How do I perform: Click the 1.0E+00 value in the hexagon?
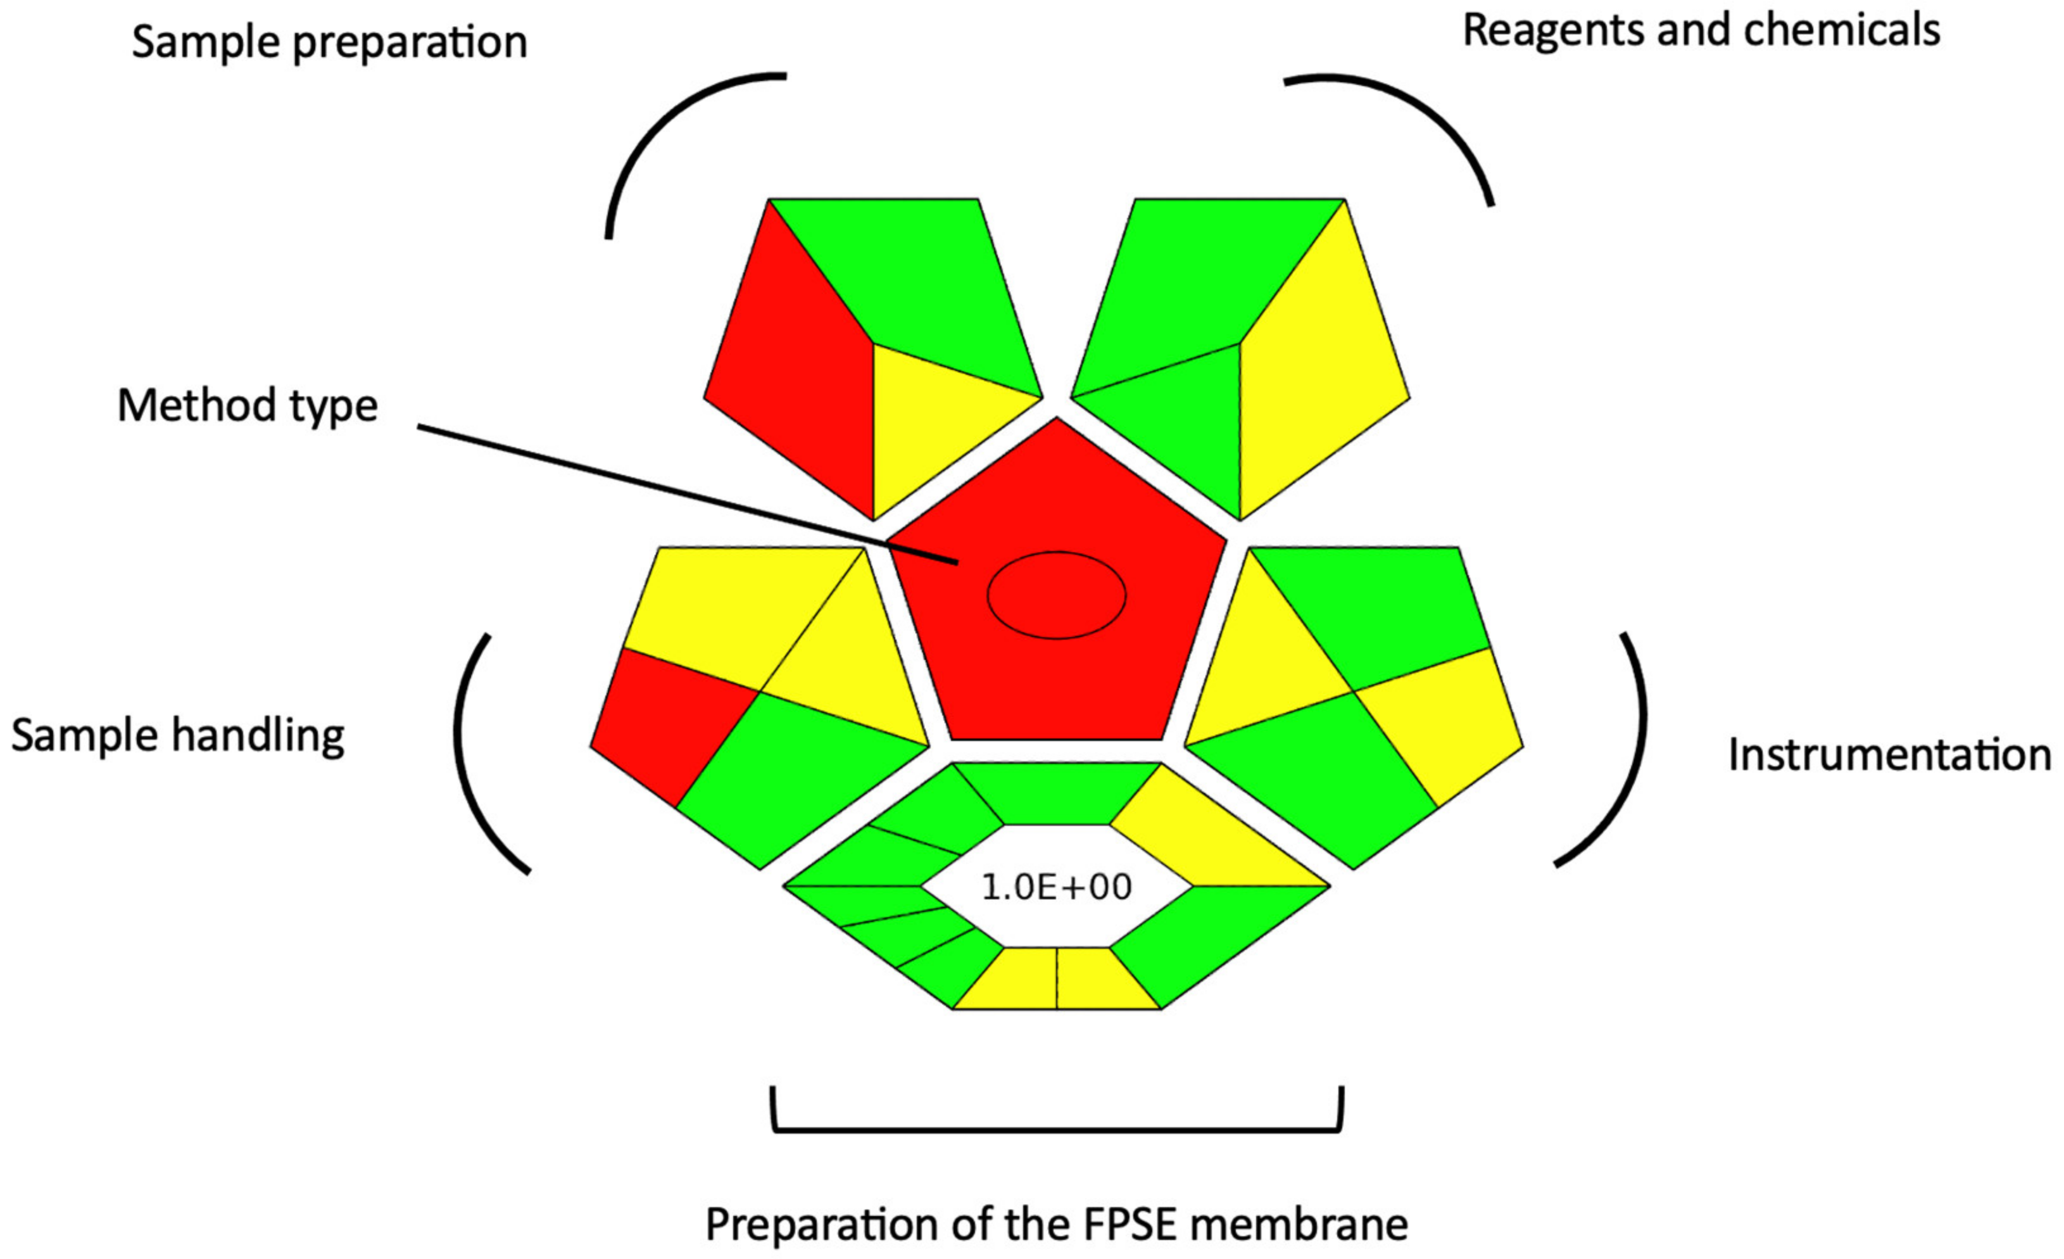[x=1055, y=887]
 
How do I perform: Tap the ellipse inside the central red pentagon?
[x=1056, y=595]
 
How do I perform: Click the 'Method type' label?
[x=247, y=407]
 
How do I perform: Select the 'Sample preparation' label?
[x=329, y=42]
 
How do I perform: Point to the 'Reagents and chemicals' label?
[x=1701, y=31]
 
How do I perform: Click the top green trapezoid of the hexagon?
[x=1056, y=792]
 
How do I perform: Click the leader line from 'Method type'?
[x=670, y=494]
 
